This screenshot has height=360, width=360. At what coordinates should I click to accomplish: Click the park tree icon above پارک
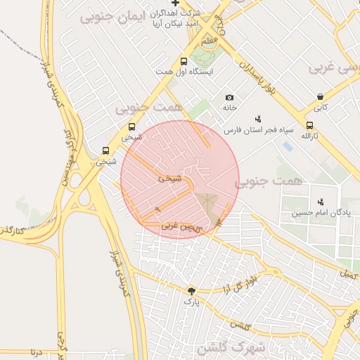click(192, 290)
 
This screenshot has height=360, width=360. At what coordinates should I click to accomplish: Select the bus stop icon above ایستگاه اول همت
click(184, 62)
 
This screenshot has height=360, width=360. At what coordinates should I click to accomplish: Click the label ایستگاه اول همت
click(185, 72)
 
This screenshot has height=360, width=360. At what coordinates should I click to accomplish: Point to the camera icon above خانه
click(229, 97)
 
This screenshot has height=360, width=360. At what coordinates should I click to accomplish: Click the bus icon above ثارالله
click(309, 125)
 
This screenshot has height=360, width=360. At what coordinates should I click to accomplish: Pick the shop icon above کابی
click(321, 97)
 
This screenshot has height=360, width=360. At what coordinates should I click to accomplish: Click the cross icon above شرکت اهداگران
click(175, 4)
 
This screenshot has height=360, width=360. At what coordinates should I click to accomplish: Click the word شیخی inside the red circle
click(169, 179)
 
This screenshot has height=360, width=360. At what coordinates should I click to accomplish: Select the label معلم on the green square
click(209, 42)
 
